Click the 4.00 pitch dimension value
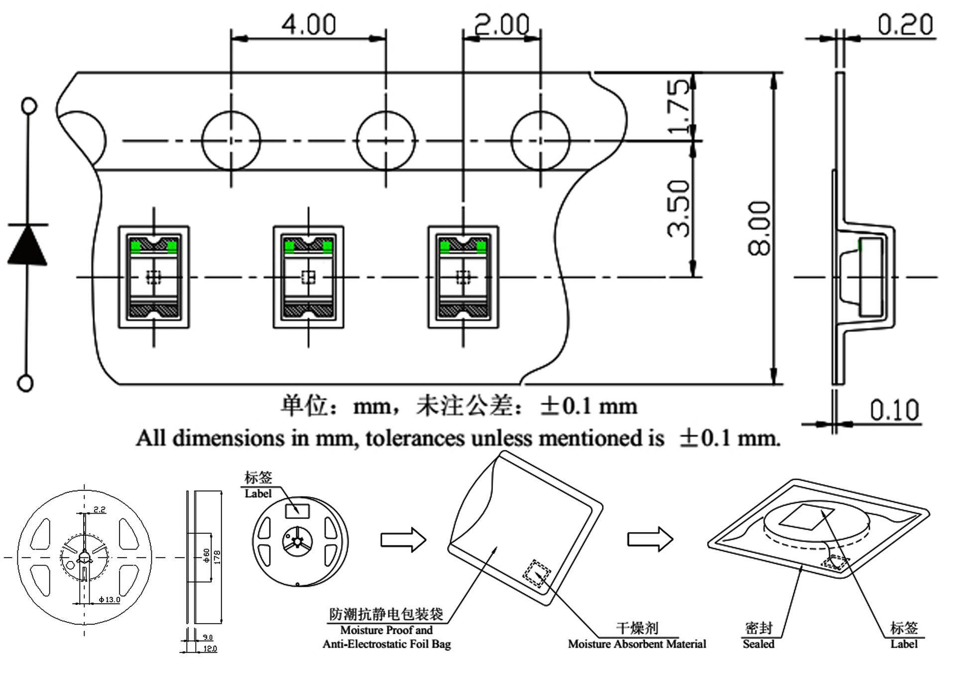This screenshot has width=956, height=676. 309,25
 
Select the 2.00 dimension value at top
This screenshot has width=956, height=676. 501,25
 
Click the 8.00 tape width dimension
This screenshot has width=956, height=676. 760,228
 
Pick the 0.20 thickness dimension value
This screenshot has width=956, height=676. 905,25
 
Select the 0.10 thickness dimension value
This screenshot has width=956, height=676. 894,410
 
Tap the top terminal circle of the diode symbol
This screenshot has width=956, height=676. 29,106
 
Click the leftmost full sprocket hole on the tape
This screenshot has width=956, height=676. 231,140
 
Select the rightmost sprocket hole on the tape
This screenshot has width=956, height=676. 541,140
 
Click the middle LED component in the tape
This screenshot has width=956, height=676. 308,277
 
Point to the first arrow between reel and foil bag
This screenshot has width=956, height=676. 403,540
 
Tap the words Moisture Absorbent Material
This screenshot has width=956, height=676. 637,644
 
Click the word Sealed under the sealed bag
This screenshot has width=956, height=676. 758,644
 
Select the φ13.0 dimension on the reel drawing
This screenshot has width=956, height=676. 109,599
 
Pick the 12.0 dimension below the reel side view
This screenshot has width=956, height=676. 210,649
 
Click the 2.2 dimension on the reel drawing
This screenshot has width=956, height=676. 99,509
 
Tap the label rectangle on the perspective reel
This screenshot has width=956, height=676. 297,511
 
